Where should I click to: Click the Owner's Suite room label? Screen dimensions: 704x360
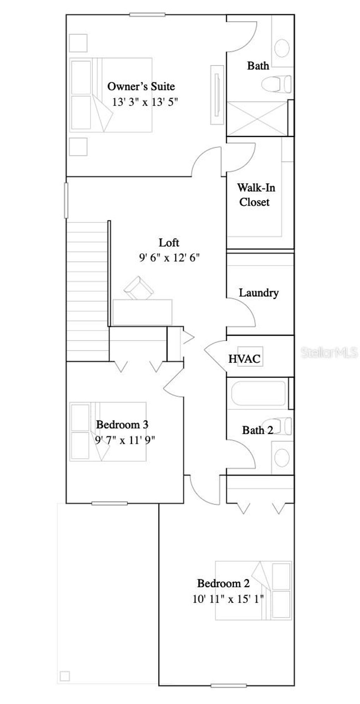tap(141, 87)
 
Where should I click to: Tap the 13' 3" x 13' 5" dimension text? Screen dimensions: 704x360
tap(145, 102)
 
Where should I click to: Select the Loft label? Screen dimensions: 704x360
tap(169, 243)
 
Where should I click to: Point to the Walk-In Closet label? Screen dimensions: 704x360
tap(256, 195)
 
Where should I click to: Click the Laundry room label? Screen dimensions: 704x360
tap(259, 293)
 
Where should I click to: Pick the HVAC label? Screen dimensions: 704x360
tap(244, 359)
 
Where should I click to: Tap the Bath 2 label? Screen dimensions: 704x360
tap(257, 430)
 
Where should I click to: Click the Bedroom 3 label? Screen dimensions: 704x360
tap(122, 424)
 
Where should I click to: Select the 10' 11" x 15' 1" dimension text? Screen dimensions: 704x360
tap(228, 599)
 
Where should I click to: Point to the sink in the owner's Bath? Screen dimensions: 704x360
tap(282, 48)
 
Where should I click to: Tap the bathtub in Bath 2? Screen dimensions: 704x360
tap(258, 393)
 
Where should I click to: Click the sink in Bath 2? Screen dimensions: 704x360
tap(282, 457)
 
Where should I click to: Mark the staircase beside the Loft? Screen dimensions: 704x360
tap(87, 292)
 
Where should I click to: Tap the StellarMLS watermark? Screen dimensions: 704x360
tap(329, 352)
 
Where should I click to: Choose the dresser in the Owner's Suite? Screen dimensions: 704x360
tap(217, 95)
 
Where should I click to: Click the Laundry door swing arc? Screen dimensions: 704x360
tap(246, 311)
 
